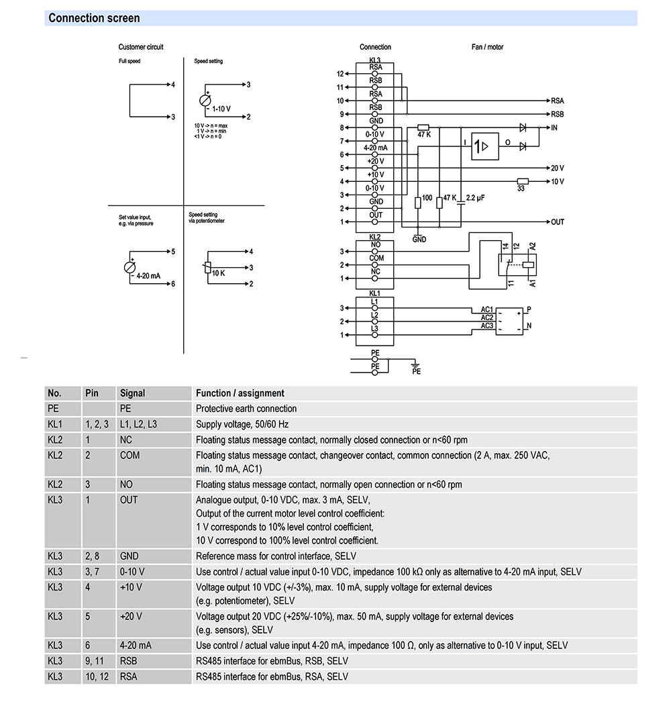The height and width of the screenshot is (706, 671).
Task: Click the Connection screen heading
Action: point(94,18)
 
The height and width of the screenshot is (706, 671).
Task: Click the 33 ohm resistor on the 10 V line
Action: point(523,181)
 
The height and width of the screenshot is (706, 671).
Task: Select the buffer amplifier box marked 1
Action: point(485,146)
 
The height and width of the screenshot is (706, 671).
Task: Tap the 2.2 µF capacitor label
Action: point(475,198)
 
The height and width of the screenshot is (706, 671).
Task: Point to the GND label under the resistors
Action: point(419,240)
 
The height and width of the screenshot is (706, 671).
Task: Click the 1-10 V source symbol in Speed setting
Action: point(205,101)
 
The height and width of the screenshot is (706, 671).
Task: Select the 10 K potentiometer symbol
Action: point(207,268)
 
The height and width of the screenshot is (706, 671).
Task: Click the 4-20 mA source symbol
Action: point(130,268)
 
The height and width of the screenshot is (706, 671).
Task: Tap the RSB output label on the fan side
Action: point(558,114)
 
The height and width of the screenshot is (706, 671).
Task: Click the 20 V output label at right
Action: point(558,168)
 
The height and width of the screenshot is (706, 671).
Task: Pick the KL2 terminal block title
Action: point(374,237)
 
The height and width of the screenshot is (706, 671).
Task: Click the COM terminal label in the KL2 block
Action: point(376,258)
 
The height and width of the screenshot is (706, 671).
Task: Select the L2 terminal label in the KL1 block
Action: point(374,315)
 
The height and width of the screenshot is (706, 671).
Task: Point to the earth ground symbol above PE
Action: point(415,364)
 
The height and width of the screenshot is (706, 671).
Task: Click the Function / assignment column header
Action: point(240,393)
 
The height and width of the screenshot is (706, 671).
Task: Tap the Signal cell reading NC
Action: point(126,440)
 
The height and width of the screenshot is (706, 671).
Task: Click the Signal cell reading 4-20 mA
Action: point(136,645)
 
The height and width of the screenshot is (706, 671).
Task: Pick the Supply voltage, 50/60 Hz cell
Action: point(242,424)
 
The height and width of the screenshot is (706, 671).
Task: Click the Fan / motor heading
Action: point(487,47)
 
